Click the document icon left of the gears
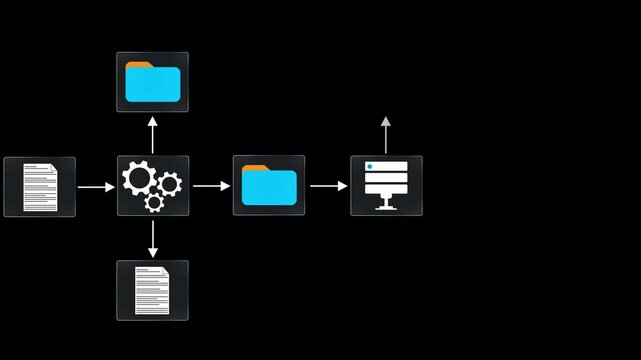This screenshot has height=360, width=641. tap(40, 187)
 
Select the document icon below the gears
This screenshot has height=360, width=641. tap(152, 290)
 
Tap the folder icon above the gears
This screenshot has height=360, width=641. tap(152, 82)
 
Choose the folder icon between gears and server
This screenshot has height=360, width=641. tap(269, 185)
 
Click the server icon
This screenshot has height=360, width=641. tap(386, 185)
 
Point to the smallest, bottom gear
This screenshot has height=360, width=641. tap(154, 203)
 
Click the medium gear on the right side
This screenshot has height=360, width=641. tap(170, 183)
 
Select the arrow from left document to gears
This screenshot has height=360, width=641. tap(96, 186)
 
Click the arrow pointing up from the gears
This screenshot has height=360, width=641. tap(152, 134)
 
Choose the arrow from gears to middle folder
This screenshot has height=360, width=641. tap(211, 186)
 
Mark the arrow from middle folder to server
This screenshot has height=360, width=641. tap(328, 186)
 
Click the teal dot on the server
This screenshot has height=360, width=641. tap(370, 165)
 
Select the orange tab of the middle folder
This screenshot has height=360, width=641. tap(254, 169)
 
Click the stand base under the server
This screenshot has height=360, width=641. tap(386, 208)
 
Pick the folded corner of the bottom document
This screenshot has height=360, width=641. tap(166, 271)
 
